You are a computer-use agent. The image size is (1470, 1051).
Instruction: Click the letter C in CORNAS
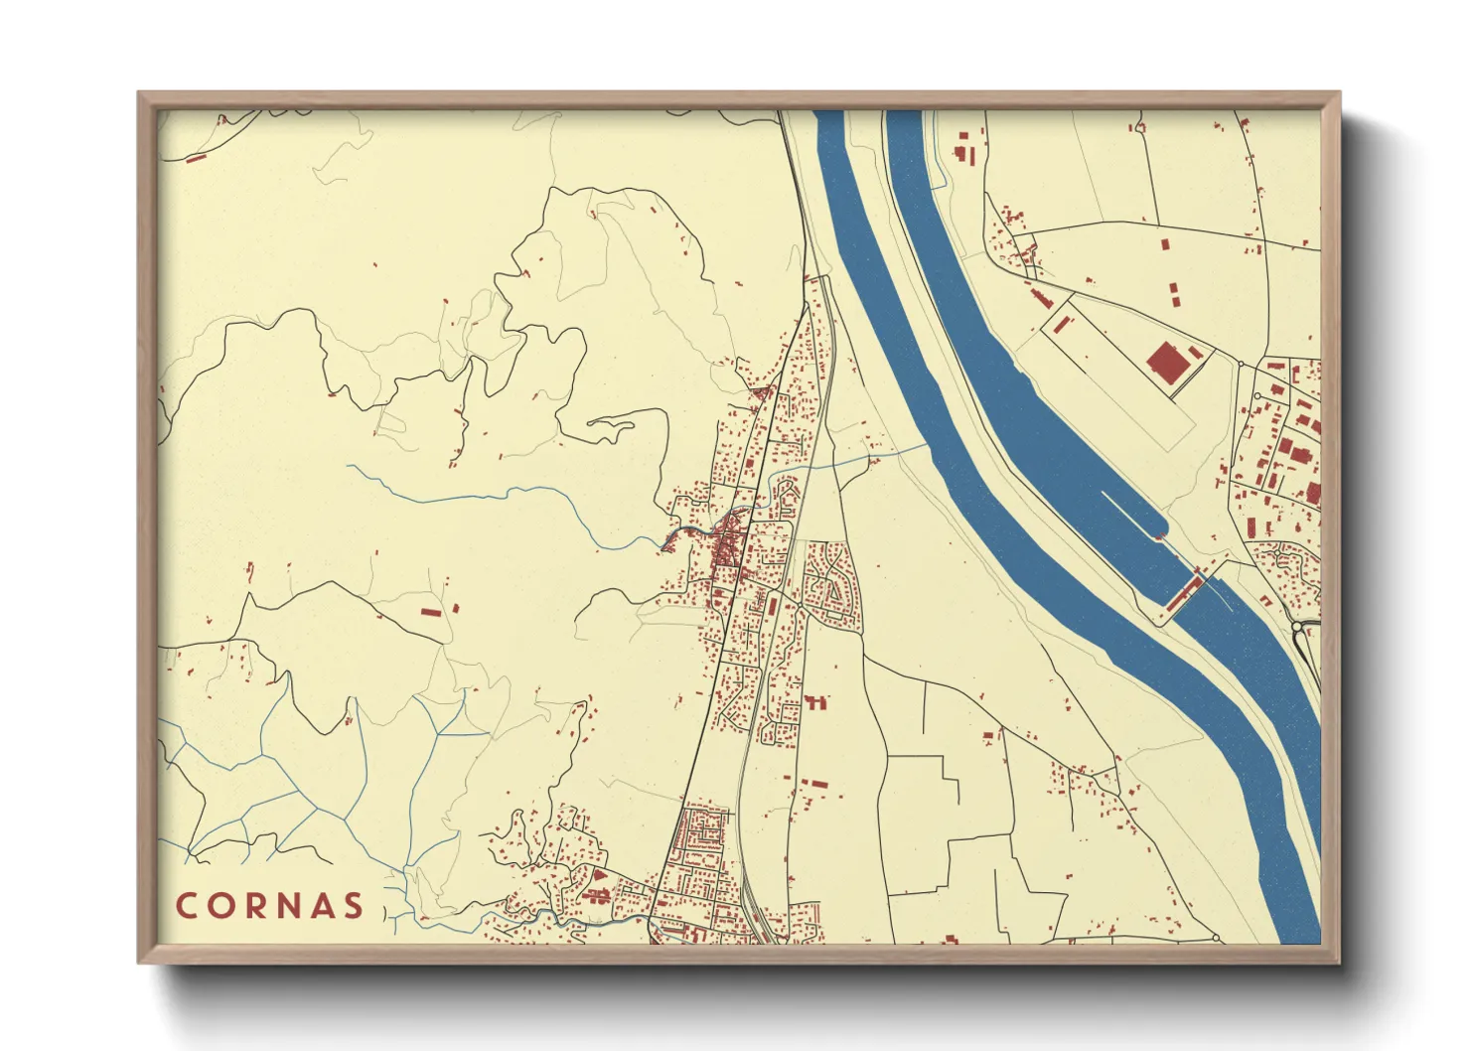tap(186, 906)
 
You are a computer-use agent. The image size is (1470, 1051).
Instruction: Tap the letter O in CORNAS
tap(220, 906)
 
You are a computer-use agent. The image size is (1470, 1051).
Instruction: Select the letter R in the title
tap(254, 906)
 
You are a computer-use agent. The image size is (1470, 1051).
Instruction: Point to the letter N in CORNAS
tap(288, 906)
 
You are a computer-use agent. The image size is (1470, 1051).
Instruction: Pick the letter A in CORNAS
tap(322, 906)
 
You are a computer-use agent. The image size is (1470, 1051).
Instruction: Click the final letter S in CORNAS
tap(354, 906)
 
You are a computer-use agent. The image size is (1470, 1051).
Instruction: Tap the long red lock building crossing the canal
tap(1184, 594)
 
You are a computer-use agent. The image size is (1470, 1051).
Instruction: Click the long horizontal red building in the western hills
tap(431, 611)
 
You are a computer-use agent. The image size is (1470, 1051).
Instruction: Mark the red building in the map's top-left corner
tap(196, 157)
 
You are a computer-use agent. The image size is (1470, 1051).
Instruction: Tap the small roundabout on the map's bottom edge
tap(1216, 938)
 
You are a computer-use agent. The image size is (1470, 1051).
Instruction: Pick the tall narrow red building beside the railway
tap(772, 604)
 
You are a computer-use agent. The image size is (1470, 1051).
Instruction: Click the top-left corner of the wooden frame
tap(139, 93)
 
